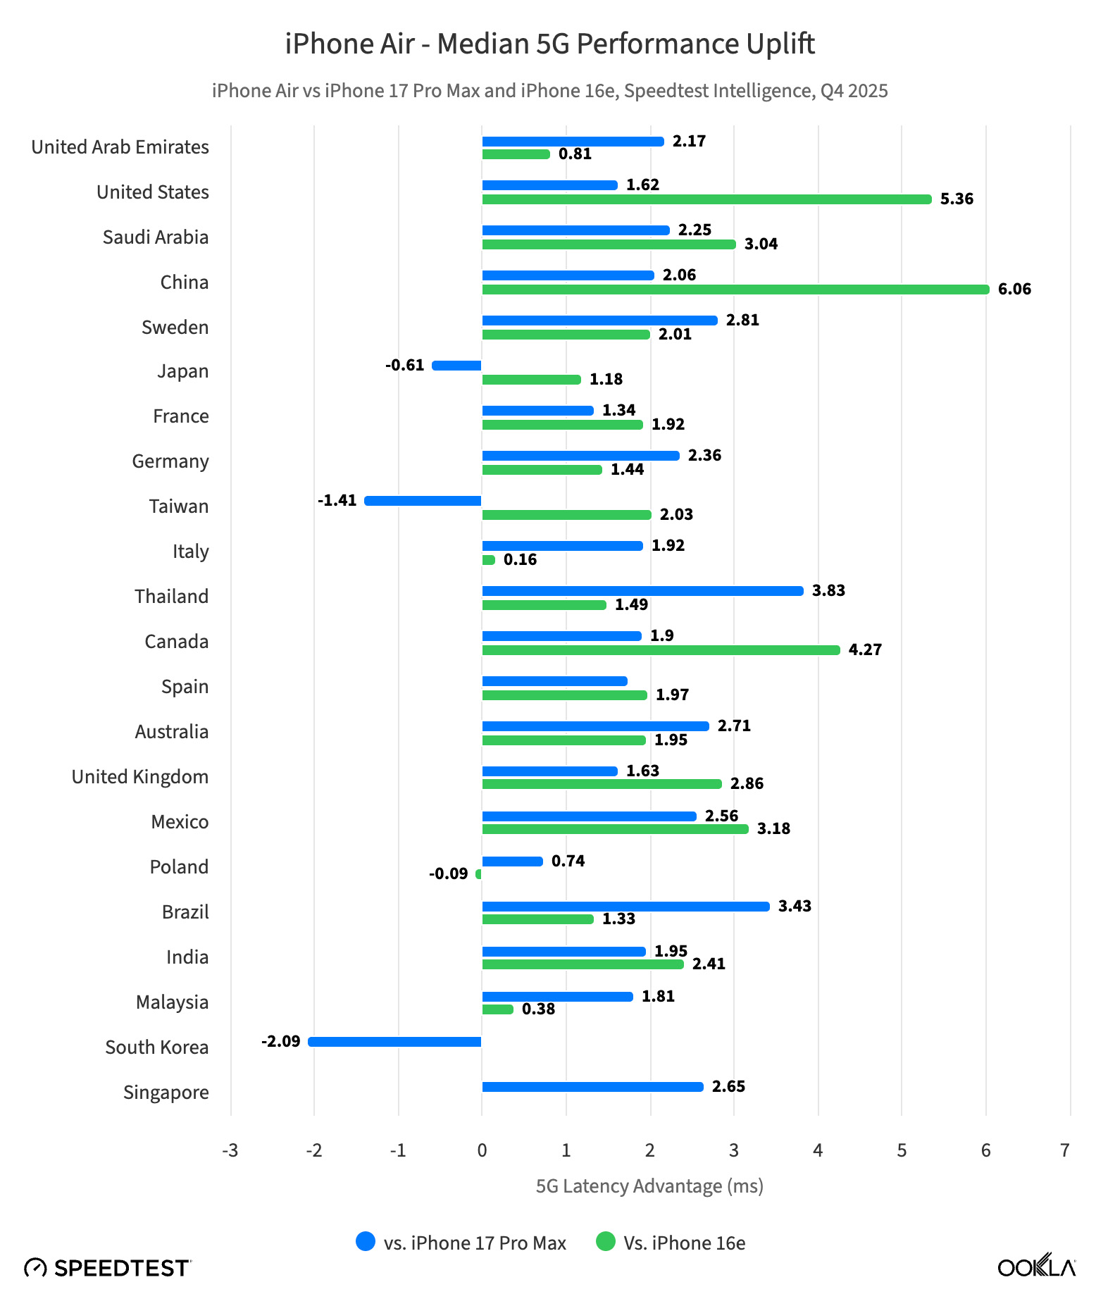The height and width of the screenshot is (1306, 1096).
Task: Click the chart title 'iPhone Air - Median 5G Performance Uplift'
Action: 549,44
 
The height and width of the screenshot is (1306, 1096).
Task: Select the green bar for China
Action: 735,290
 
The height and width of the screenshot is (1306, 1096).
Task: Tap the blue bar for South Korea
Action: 395,1042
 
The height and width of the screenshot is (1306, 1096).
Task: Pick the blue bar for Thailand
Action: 642,591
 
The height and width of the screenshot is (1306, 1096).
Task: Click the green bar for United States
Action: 706,199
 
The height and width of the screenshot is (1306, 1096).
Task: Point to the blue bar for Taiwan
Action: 423,501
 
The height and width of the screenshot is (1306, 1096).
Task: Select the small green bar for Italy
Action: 488,560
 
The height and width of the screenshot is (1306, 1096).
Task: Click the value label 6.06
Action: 1014,290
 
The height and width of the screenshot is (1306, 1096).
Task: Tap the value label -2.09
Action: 280,1041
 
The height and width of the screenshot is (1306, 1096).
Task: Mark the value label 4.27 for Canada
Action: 865,650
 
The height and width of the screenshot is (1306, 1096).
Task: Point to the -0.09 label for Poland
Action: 448,874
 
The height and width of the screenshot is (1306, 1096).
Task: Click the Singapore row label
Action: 166,1093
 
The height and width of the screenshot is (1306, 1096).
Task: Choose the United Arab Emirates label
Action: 120,147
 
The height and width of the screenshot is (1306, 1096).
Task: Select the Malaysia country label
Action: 173,1002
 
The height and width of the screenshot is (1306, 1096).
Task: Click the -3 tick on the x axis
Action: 230,1151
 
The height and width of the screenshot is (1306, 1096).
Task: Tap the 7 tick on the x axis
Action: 1065,1151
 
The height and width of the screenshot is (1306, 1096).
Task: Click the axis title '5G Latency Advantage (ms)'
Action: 649,1186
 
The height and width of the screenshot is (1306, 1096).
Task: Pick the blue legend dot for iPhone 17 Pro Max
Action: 366,1242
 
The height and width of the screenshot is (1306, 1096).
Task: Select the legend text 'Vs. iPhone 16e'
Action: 684,1243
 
